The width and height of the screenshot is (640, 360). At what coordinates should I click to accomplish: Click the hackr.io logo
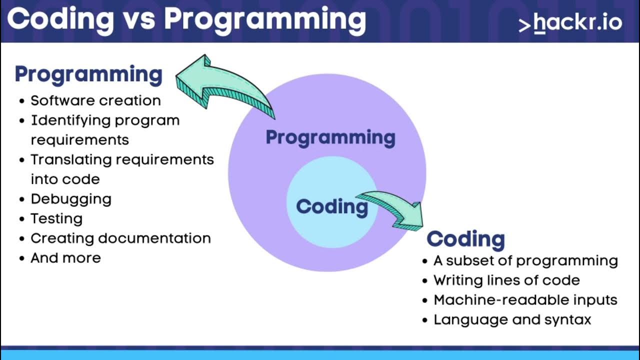point(570,23)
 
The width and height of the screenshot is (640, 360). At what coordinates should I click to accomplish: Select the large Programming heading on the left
point(88,74)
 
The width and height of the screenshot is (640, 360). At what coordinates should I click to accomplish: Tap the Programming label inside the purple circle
point(330,137)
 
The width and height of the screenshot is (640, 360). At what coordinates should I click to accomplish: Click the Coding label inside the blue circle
point(331,206)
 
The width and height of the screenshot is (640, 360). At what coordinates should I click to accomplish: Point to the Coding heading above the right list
point(465,239)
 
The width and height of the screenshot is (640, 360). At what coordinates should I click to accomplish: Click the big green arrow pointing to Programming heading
point(220,85)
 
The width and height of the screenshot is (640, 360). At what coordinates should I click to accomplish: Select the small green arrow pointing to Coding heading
point(395,207)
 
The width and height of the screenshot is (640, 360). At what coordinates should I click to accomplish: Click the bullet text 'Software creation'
point(95,100)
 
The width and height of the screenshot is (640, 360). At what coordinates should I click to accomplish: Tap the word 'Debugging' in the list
point(71,199)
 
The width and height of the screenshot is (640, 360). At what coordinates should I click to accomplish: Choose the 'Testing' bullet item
point(56,218)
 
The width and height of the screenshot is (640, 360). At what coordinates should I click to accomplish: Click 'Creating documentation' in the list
point(120,238)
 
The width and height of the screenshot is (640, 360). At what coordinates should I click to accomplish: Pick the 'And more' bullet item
point(65,258)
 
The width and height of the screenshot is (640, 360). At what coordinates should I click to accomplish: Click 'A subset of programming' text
point(525,260)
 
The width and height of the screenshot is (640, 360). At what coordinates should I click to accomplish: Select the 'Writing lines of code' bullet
point(506,280)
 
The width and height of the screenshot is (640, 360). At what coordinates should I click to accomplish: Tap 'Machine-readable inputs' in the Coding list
point(525,300)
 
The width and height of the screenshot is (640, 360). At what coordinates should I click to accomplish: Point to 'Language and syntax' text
point(512,320)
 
